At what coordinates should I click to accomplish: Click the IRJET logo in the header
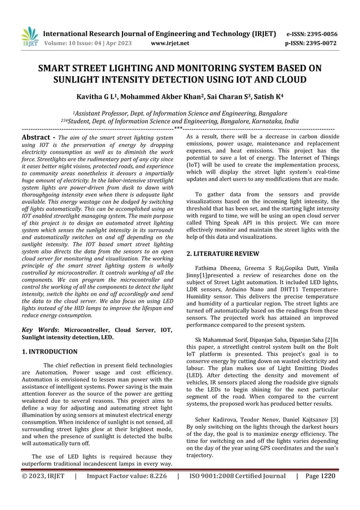point(29,34)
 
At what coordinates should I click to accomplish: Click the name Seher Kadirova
point(216,420)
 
